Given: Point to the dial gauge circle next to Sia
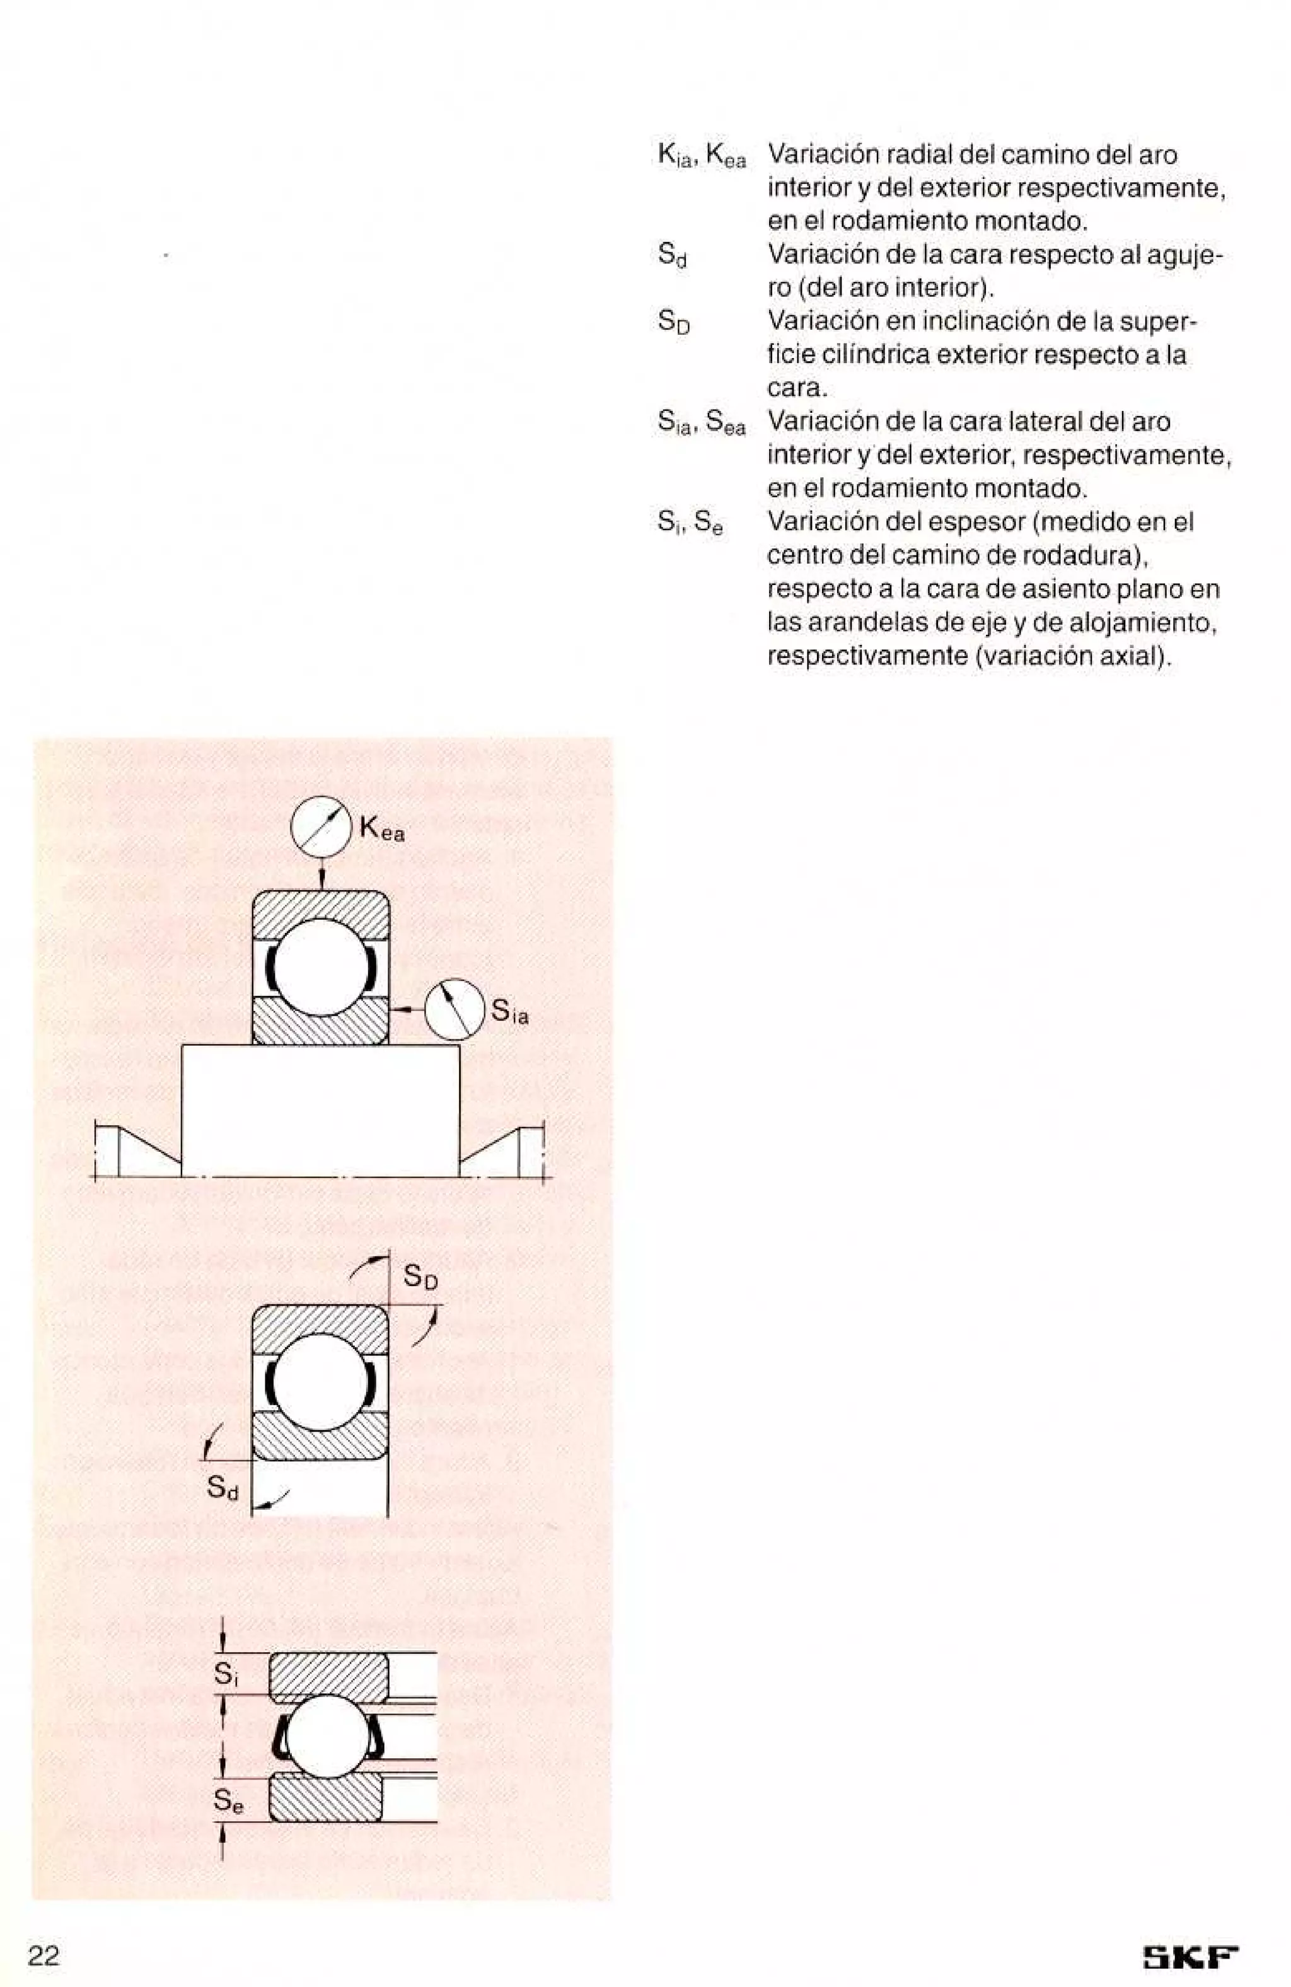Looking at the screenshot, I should pyautogui.click(x=454, y=1009).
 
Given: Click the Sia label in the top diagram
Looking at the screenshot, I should pyautogui.click(x=509, y=1012).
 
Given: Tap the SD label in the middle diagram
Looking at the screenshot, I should pyautogui.click(x=420, y=1277).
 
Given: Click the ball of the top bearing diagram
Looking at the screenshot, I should pyautogui.click(x=321, y=967).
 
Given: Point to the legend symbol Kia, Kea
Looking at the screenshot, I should pyautogui.click(x=702, y=155).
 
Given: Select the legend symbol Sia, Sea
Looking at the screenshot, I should pyautogui.click(x=702, y=422).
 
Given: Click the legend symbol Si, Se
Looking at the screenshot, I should pyautogui.click(x=690, y=523).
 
